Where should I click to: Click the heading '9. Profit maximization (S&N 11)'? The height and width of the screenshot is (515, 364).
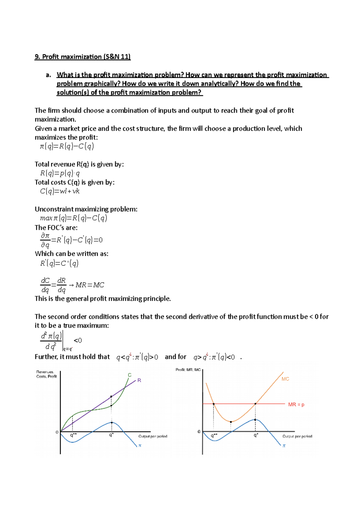pos(83,57)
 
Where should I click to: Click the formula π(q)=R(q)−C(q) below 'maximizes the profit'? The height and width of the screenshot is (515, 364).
pos(67,146)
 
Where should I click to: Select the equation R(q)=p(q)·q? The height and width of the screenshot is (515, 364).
pos(60,173)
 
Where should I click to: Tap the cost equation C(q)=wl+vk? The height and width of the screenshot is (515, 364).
pos(60,191)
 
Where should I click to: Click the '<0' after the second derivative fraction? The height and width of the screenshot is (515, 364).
pos(78,340)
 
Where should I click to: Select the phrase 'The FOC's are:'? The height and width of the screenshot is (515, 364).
pos(56,227)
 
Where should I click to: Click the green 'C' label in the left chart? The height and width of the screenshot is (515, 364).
pos(130,375)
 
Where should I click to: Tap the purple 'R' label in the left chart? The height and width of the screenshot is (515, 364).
pos(139,380)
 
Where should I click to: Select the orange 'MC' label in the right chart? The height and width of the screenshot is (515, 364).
pos(285,379)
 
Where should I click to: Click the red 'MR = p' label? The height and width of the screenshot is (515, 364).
pos(296,405)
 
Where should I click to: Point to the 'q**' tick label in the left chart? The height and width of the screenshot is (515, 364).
pos(73,435)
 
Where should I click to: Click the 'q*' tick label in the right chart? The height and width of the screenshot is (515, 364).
pos(256,435)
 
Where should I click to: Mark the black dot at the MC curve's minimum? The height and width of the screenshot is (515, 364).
pos(231,422)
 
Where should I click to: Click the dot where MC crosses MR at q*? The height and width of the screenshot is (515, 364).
pos(255,404)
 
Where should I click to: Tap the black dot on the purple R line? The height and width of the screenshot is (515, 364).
pos(111,396)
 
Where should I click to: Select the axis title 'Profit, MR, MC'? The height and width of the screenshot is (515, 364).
pos(188,370)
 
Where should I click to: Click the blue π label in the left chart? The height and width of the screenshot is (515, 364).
pos(140,446)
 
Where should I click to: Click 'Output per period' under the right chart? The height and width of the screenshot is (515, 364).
pos(297,436)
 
